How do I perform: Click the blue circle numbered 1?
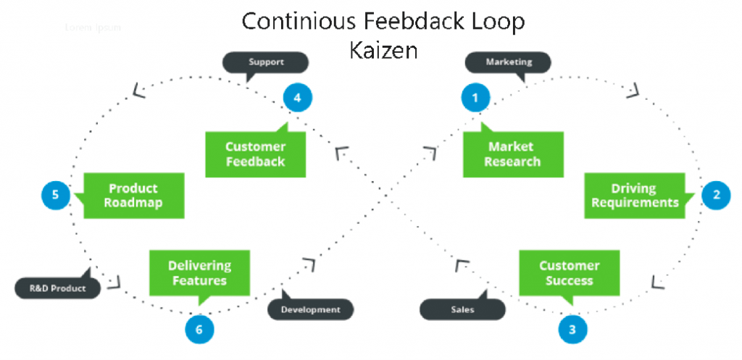coord(476,97)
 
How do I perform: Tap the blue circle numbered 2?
coord(717,194)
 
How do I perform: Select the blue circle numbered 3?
coord(572,330)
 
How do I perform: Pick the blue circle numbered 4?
coord(297,97)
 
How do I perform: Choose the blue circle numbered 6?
coord(199,330)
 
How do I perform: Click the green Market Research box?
coord(513,154)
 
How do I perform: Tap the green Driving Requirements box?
coord(635,196)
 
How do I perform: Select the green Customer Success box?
coord(570,273)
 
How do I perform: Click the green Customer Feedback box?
coord(255,154)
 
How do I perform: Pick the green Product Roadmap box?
coord(133,196)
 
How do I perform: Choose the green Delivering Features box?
coord(199,273)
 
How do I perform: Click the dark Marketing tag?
coord(508,62)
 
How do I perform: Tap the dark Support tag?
coord(266,62)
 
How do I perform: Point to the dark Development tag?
coord(310,309)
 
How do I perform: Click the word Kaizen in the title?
coord(383,51)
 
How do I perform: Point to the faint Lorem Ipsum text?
coord(93,28)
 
